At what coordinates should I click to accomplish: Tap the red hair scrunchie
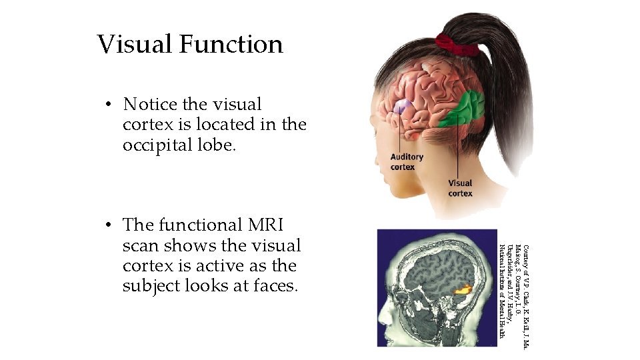(456, 44)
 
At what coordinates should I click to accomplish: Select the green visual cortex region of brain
(464, 108)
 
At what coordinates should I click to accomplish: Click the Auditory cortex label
(407, 162)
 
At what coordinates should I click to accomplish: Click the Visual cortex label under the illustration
(460, 188)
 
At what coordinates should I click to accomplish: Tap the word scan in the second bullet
(141, 245)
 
